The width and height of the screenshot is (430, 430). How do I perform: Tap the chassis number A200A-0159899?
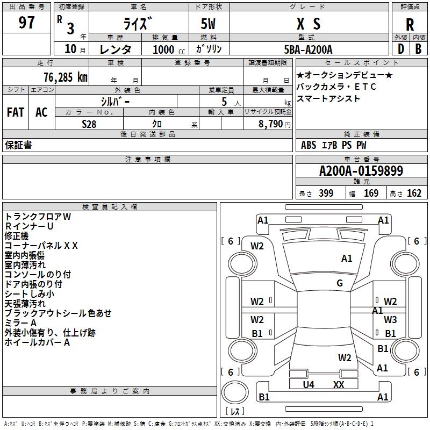361,171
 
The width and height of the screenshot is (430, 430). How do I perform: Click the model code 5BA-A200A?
308,49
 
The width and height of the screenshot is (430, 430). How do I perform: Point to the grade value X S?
309,24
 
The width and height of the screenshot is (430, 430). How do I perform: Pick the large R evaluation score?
410,24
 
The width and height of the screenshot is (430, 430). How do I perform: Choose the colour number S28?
89,123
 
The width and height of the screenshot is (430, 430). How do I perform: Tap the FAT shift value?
16,112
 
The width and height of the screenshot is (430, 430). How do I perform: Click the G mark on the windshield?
340,283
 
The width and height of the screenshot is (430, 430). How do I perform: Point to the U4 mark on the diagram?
309,384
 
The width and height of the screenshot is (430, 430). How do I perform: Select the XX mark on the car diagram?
339,384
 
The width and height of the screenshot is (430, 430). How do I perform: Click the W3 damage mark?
390,320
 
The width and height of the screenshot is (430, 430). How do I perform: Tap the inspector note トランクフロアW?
38,217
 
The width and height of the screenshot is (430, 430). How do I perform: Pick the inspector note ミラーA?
20,323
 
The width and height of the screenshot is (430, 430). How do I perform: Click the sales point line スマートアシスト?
328,99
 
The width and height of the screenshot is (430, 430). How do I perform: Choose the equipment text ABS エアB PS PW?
334,145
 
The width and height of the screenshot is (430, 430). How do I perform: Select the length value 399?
326,193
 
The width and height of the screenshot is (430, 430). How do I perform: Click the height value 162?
414,193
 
